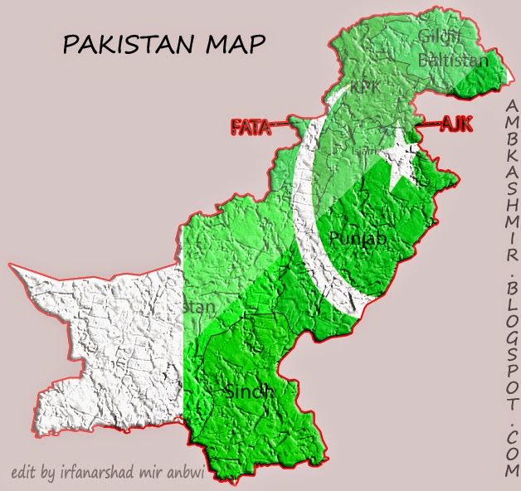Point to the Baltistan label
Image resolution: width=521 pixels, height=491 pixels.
pos(453,61)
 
